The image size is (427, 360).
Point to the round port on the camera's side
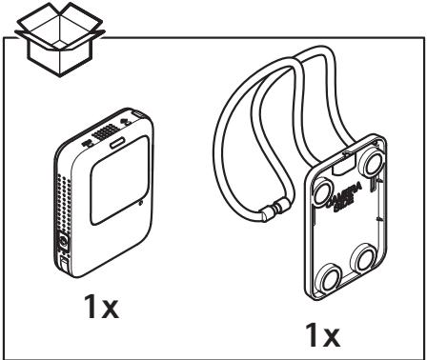click(65, 243)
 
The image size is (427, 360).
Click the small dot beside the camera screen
click(140, 204)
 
